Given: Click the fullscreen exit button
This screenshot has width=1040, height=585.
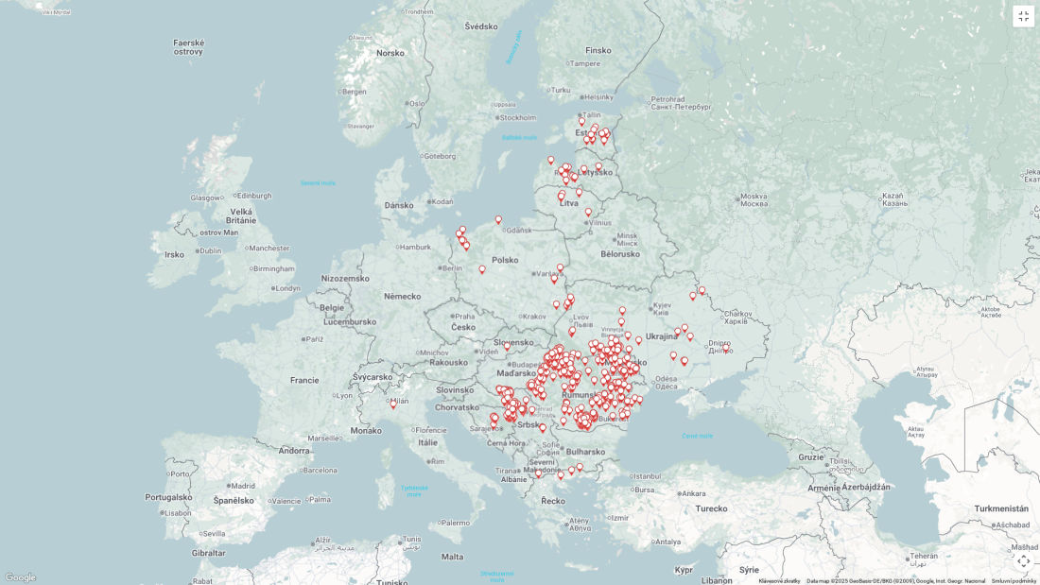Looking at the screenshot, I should (x=1023, y=16).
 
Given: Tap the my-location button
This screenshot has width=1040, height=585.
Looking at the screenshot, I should (x=1023, y=560).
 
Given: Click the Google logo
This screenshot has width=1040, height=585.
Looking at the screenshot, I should (x=20, y=577).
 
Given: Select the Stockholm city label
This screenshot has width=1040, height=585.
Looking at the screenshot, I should (x=517, y=118).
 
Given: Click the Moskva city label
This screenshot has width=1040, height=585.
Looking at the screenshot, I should (x=754, y=202).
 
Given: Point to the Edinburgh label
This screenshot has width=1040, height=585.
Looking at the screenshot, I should (x=253, y=196).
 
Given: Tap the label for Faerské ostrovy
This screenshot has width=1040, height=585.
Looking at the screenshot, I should (x=188, y=46).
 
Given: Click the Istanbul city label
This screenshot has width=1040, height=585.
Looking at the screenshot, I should (x=646, y=476).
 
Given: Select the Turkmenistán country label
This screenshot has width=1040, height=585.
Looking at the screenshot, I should (x=1001, y=508).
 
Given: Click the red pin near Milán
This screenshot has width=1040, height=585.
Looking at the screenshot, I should (x=393, y=404).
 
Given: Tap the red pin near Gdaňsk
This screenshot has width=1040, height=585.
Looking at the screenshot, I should (x=498, y=220).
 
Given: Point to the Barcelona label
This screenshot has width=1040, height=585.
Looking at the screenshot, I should (x=320, y=470).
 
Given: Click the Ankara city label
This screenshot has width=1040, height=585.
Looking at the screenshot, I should (x=693, y=493).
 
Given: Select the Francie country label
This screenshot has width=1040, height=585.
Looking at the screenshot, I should (x=304, y=380).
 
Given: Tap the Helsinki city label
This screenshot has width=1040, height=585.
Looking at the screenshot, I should (x=598, y=96).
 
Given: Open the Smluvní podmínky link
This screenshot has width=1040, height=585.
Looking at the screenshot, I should (x=1014, y=581).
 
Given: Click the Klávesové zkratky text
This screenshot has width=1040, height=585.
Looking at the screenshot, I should (x=779, y=581).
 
